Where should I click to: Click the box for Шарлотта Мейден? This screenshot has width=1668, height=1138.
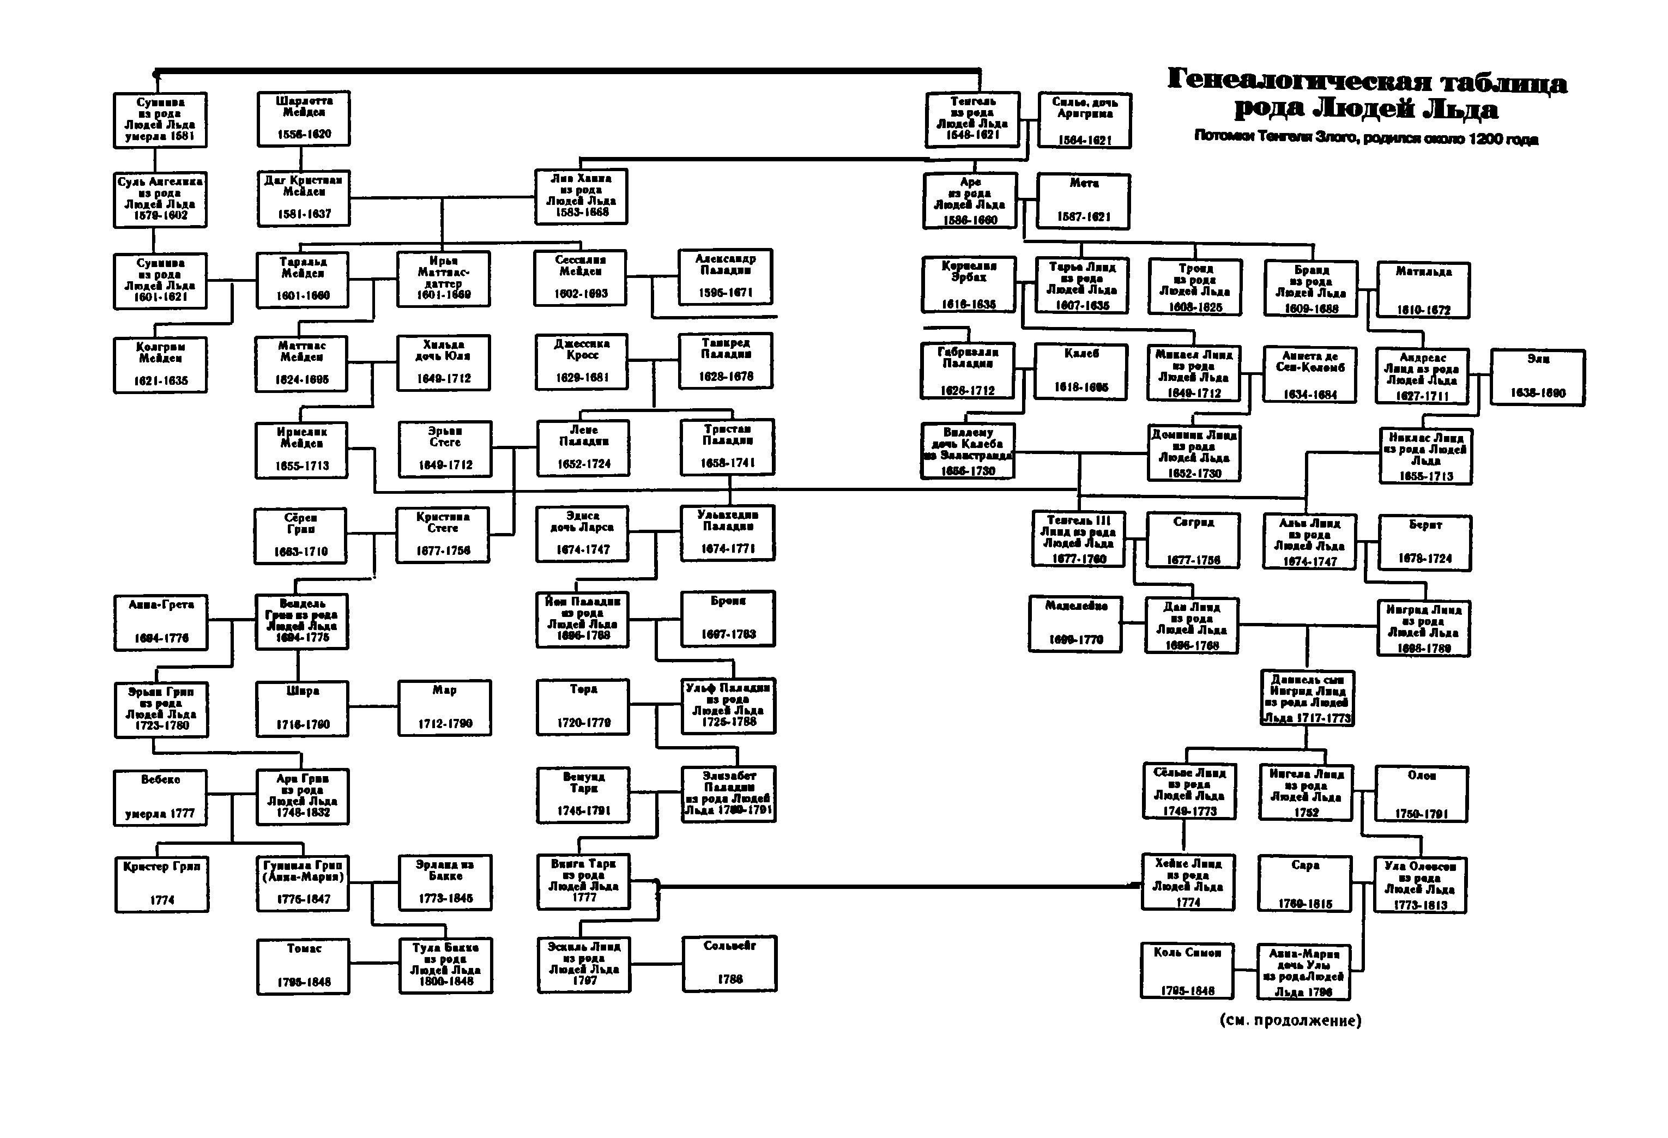[304, 118]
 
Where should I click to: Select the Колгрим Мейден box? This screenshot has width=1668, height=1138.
[160, 365]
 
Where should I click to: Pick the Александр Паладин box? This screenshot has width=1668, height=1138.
[726, 276]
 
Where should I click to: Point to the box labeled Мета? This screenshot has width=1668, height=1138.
[1084, 202]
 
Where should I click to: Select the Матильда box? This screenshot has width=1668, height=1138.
[1423, 290]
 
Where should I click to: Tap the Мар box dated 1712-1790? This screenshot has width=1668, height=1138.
[445, 708]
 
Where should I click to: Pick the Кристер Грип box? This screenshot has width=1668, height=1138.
[161, 884]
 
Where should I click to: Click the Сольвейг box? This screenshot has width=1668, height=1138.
[729, 964]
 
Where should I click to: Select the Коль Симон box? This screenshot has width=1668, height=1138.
[1187, 971]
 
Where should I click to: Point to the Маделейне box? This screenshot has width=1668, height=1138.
[1075, 624]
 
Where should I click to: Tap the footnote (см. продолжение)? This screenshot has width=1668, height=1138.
[1290, 1020]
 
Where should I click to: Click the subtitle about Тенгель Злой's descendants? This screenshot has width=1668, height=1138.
[1366, 138]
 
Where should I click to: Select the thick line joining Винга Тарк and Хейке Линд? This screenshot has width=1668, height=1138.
[897, 887]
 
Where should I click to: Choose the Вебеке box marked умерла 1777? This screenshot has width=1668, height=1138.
[160, 797]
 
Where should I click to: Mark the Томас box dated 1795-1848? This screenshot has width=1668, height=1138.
[304, 966]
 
